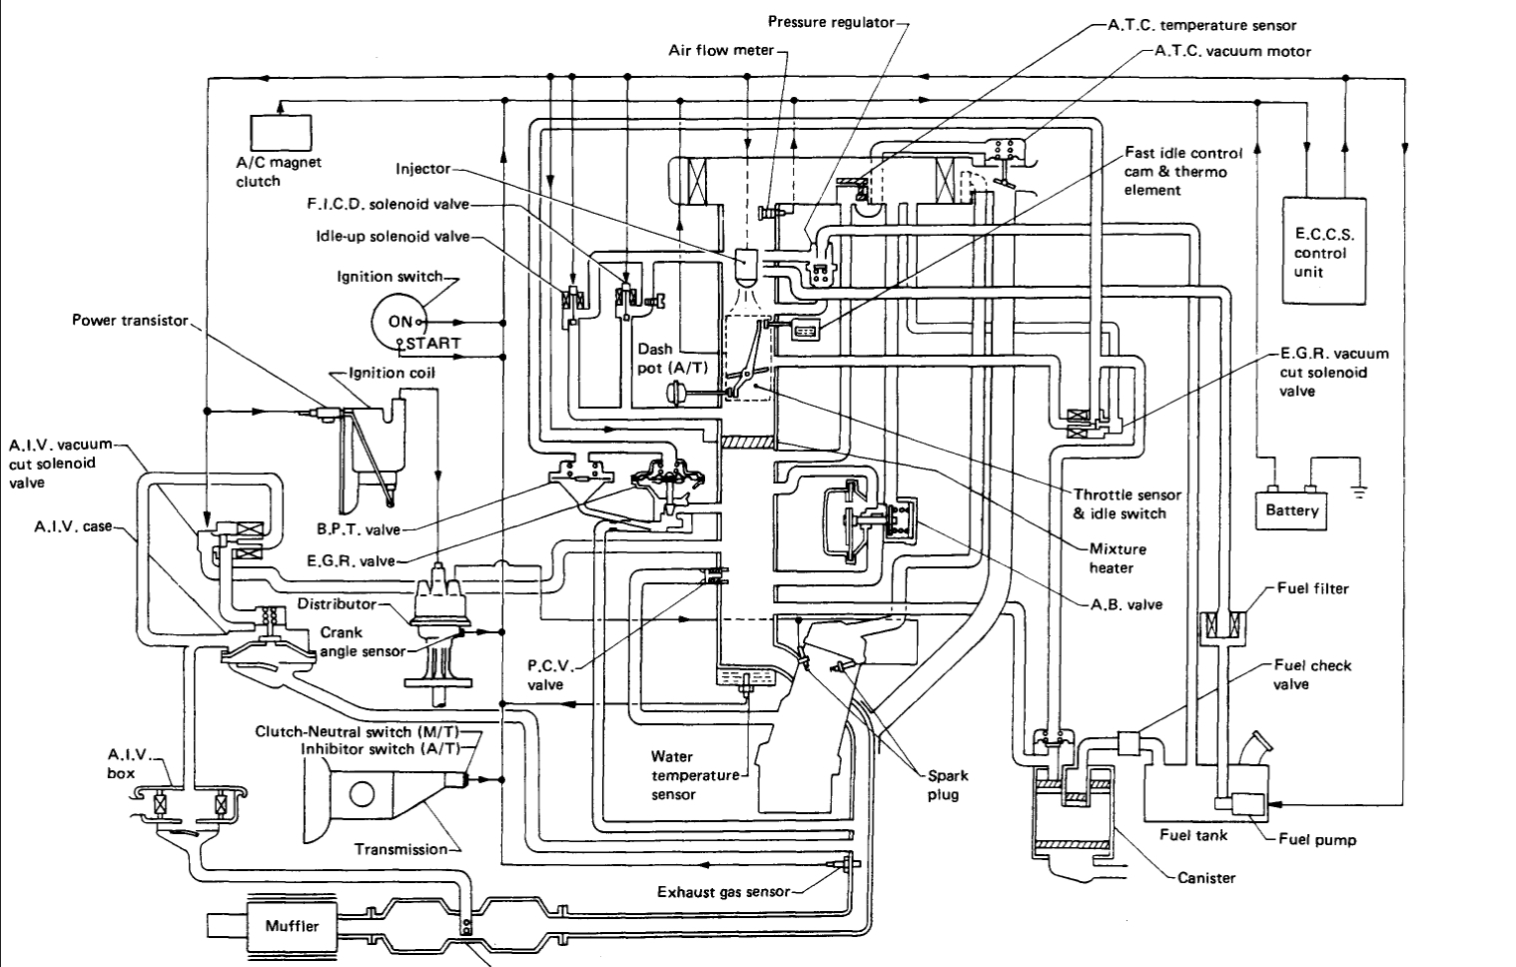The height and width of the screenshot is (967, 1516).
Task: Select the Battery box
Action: pos(1292,510)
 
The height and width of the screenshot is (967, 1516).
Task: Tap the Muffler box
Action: pos(292,926)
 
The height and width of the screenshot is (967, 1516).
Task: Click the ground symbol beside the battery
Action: pos(1359,490)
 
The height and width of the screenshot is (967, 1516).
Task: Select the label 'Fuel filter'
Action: pos(1313,588)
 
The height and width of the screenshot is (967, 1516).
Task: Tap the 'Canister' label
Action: pos(1206,878)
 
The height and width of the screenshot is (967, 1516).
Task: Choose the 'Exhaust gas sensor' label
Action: pos(723,892)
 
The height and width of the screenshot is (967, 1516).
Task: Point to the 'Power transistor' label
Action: pos(130,321)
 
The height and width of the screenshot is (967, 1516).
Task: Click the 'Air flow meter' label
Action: pos(721,49)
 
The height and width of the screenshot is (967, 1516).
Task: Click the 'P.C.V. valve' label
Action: pos(546,675)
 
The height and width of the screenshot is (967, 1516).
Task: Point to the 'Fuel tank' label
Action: pos(1193,834)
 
